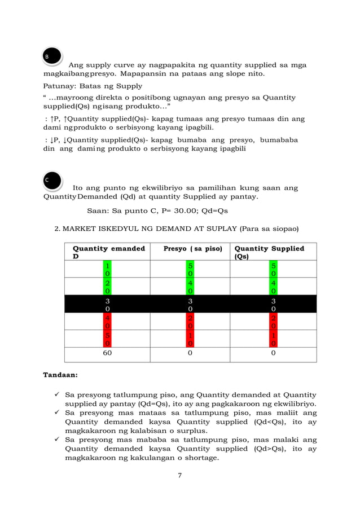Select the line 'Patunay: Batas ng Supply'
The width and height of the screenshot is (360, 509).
click(x=93, y=86)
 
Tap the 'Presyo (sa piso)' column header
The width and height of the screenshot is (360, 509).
click(x=192, y=248)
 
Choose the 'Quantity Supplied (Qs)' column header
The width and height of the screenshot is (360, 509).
click(x=269, y=252)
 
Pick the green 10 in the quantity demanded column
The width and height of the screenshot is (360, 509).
click(x=107, y=269)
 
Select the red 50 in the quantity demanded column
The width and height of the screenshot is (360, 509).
click(x=107, y=337)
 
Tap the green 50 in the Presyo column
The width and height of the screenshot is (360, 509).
click(x=191, y=269)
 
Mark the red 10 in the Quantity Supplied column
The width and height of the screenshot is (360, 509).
click(x=273, y=337)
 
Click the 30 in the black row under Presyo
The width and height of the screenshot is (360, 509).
click(x=191, y=304)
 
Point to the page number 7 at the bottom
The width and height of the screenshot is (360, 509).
click(x=179, y=475)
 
